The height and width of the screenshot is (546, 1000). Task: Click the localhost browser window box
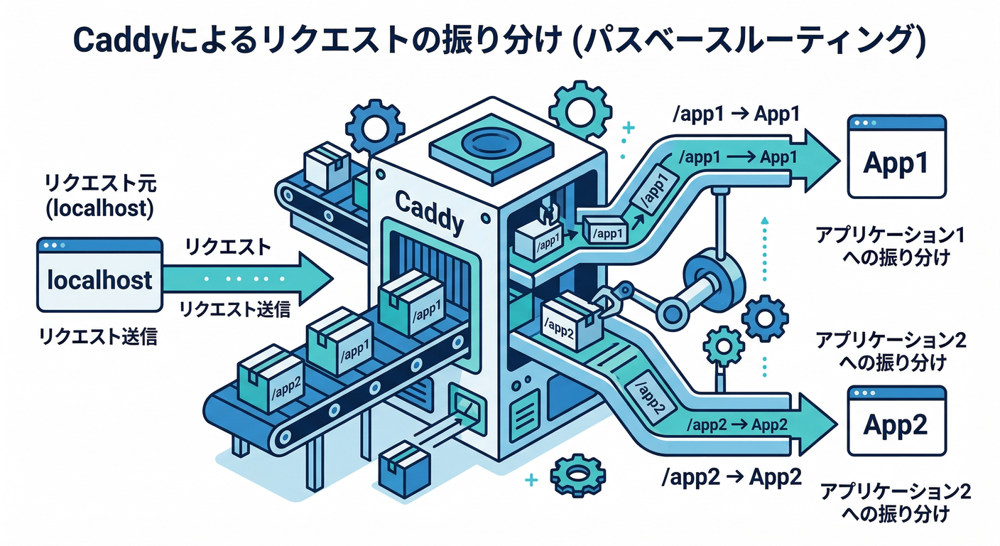[99, 275]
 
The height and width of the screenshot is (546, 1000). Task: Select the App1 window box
[898, 157]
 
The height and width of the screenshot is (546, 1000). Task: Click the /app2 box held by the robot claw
[567, 321]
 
